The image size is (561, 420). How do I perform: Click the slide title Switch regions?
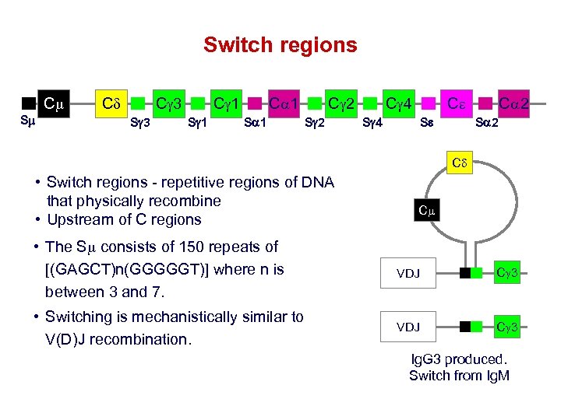click(x=280, y=45)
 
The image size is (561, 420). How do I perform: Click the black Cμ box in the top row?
click(x=54, y=103)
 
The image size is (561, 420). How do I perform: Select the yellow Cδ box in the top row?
click(x=109, y=103)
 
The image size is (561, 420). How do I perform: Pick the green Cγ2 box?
click(x=343, y=103)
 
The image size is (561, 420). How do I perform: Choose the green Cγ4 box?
click(x=400, y=103)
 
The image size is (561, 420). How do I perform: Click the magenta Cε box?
click(x=457, y=103)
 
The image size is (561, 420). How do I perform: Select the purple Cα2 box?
click(x=514, y=103)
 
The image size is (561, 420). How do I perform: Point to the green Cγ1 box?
click(x=227, y=103)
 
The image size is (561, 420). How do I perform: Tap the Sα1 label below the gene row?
click(x=256, y=122)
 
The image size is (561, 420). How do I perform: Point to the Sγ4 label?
click(x=373, y=122)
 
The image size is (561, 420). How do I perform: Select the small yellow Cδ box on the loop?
click(x=459, y=164)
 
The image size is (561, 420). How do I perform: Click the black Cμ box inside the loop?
click(x=426, y=210)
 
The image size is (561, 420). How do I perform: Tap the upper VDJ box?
click(x=408, y=273)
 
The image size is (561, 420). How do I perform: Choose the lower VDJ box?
click(x=408, y=327)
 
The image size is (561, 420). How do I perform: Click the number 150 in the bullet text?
click(x=182, y=247)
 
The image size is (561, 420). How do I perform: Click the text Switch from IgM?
click(x=459, y=376)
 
